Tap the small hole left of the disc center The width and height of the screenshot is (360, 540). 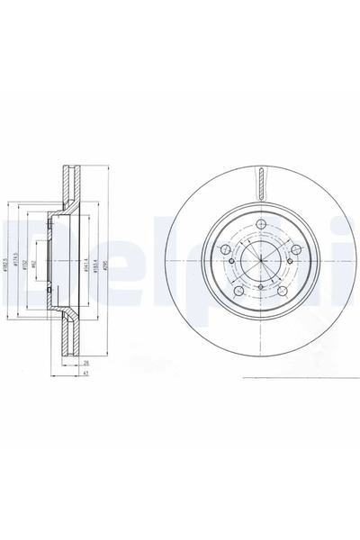(231, 261)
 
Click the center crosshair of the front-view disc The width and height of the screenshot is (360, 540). (258, 262)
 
